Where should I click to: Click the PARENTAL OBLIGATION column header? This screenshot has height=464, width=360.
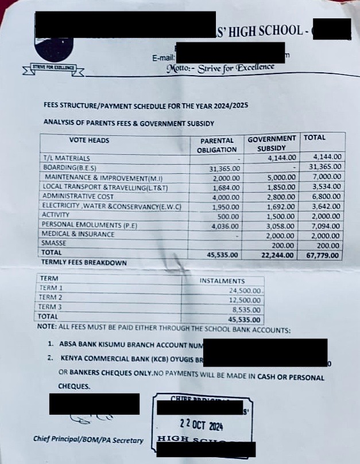click(x=218, y=145)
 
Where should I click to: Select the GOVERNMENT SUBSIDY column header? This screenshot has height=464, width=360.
click(x=272, y=143)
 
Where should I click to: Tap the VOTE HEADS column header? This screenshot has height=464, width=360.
click(x=89, y=140)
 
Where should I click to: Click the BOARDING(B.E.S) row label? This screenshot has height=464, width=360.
click(x=69, y=167)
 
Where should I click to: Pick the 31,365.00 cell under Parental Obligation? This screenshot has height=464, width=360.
click(x=226, y=169)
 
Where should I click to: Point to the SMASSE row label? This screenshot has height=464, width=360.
click(x=55, y=243)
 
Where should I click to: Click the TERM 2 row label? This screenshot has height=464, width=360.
click(x=50, y=297)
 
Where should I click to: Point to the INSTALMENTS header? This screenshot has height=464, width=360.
click(x=222, y=281)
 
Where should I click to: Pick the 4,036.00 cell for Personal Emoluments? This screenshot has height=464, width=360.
click(x=226, y=225)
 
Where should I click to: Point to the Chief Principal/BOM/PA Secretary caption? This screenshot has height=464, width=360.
click(x=88, y=440)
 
